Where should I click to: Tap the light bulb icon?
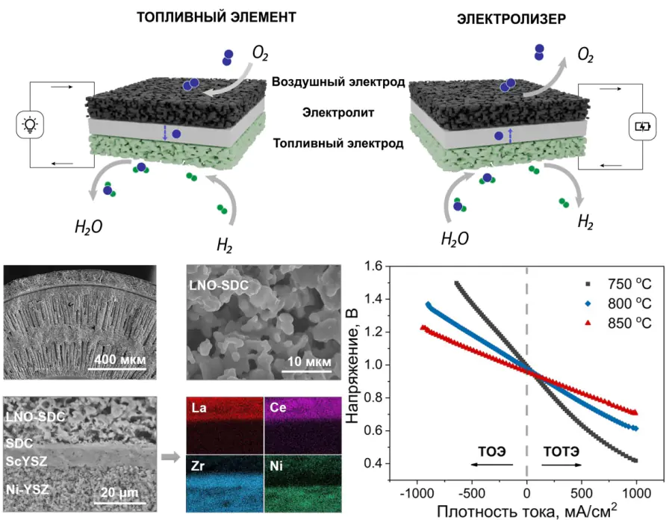[30, 126]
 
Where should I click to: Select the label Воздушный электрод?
[338, 82]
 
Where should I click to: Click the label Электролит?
[337, 113]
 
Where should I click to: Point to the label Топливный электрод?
[338, 143]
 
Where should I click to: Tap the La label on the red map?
[199, 408]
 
